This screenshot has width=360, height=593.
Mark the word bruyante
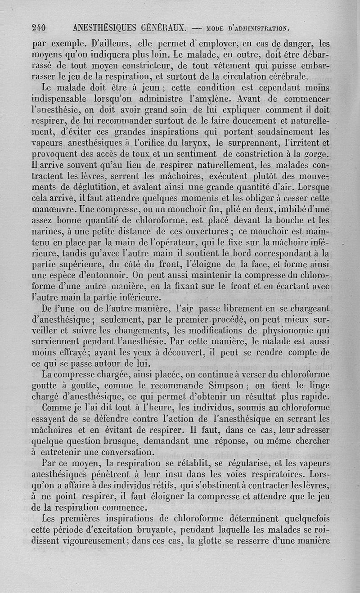[x=147, y=530]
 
